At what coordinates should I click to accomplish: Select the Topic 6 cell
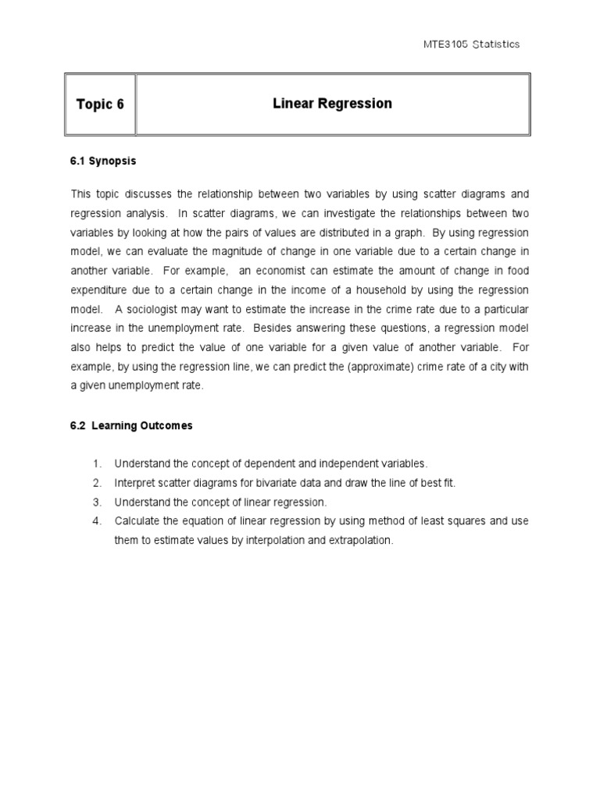[100, 105]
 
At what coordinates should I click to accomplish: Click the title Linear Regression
[332, 104]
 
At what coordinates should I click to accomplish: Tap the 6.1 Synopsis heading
[103, 161]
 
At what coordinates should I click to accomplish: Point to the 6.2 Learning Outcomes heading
[131, 426]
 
